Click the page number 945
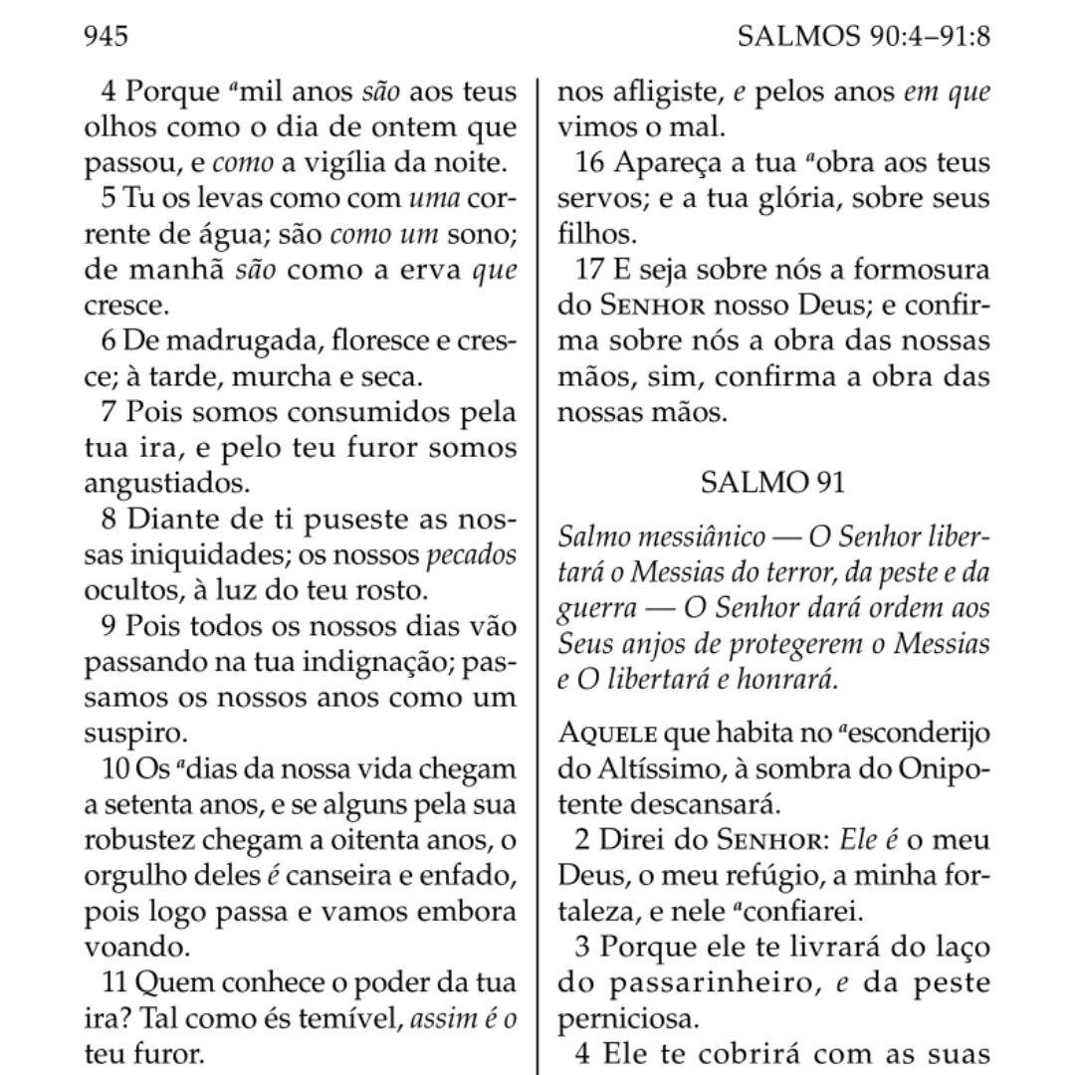[107, 37]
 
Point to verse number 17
[591, 270]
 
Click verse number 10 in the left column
[114, 769]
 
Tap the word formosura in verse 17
[919, 269]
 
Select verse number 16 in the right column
[591, 162]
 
